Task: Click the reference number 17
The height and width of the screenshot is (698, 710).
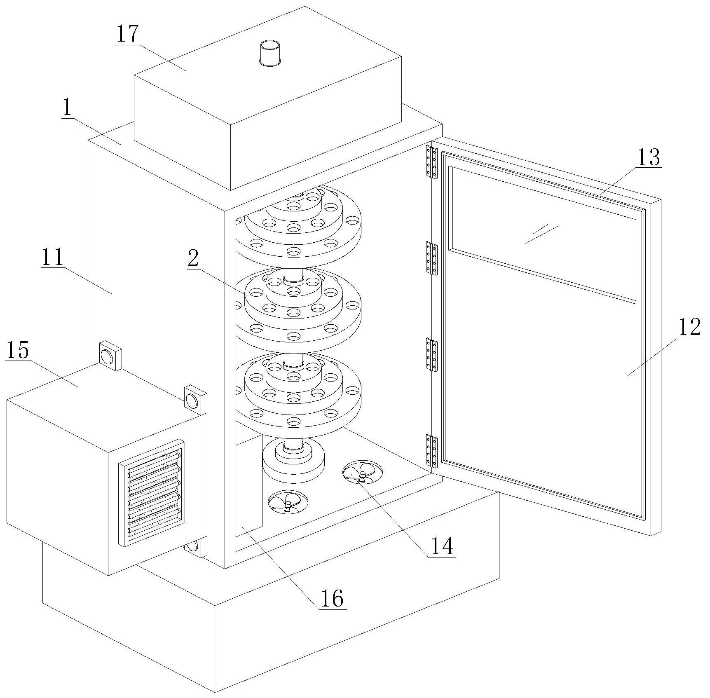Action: [x=127, y=34]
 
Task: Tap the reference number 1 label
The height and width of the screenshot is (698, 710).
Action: [x=67, y=108]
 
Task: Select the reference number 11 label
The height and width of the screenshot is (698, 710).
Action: [x=52, y=257]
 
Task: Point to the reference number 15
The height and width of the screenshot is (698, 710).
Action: [x=18, y=350]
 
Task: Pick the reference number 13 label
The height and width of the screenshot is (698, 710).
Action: [x=648, y=157]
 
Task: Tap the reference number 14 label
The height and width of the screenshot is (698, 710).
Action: [x=442, y=546]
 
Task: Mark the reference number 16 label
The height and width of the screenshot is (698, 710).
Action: [x=332, y=598]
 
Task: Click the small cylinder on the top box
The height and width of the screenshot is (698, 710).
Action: [x=270, y=53]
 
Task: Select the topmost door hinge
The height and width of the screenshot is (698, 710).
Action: [x=431, y=162]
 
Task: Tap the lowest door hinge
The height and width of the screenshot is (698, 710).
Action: [x=431, y=451]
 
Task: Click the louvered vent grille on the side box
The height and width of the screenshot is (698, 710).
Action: [x=152, y=493]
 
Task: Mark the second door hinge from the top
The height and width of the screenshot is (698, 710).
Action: [x=431, y=258]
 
